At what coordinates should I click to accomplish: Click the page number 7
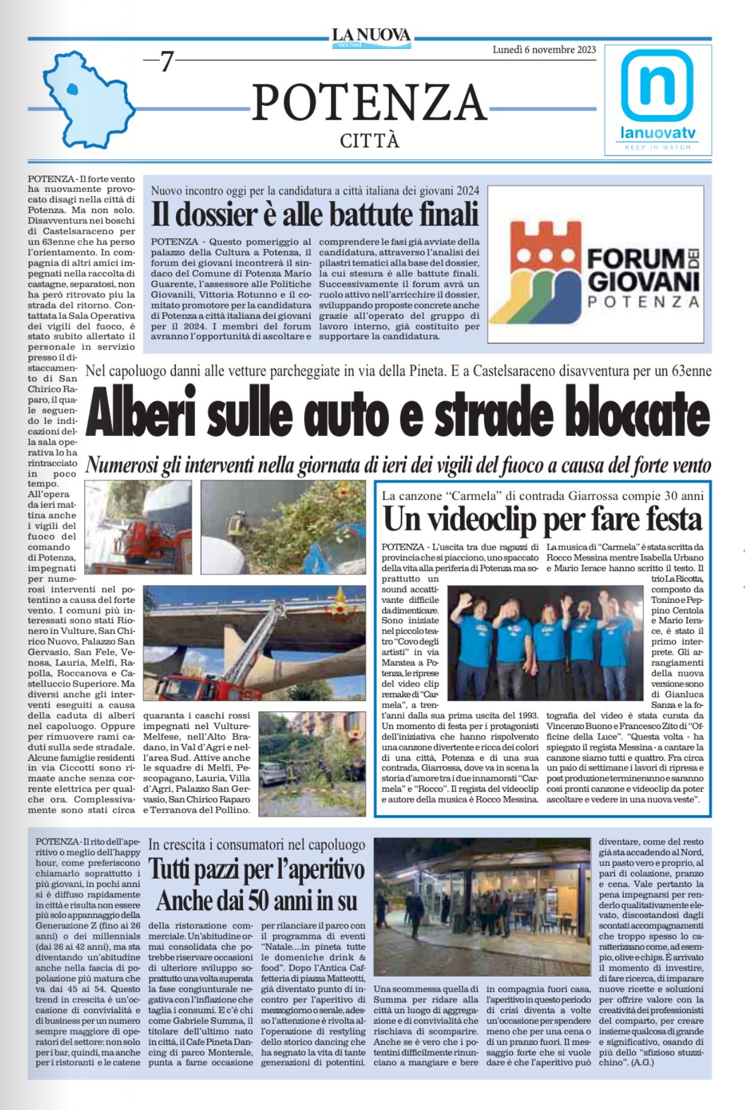pos(166,62)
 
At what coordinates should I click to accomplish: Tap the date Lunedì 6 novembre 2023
pos(544,50)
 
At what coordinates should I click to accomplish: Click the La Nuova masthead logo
pos(372,37)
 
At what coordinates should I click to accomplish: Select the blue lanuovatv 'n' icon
pos(657,85)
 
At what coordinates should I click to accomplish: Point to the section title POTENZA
pos(369,102)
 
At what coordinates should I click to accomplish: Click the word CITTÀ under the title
pos(369,141)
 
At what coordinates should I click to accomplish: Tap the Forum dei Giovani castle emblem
pos(542,264)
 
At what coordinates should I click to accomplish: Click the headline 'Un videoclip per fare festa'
pos(543,519)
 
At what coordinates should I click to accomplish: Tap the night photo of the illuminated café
pos(482,907)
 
